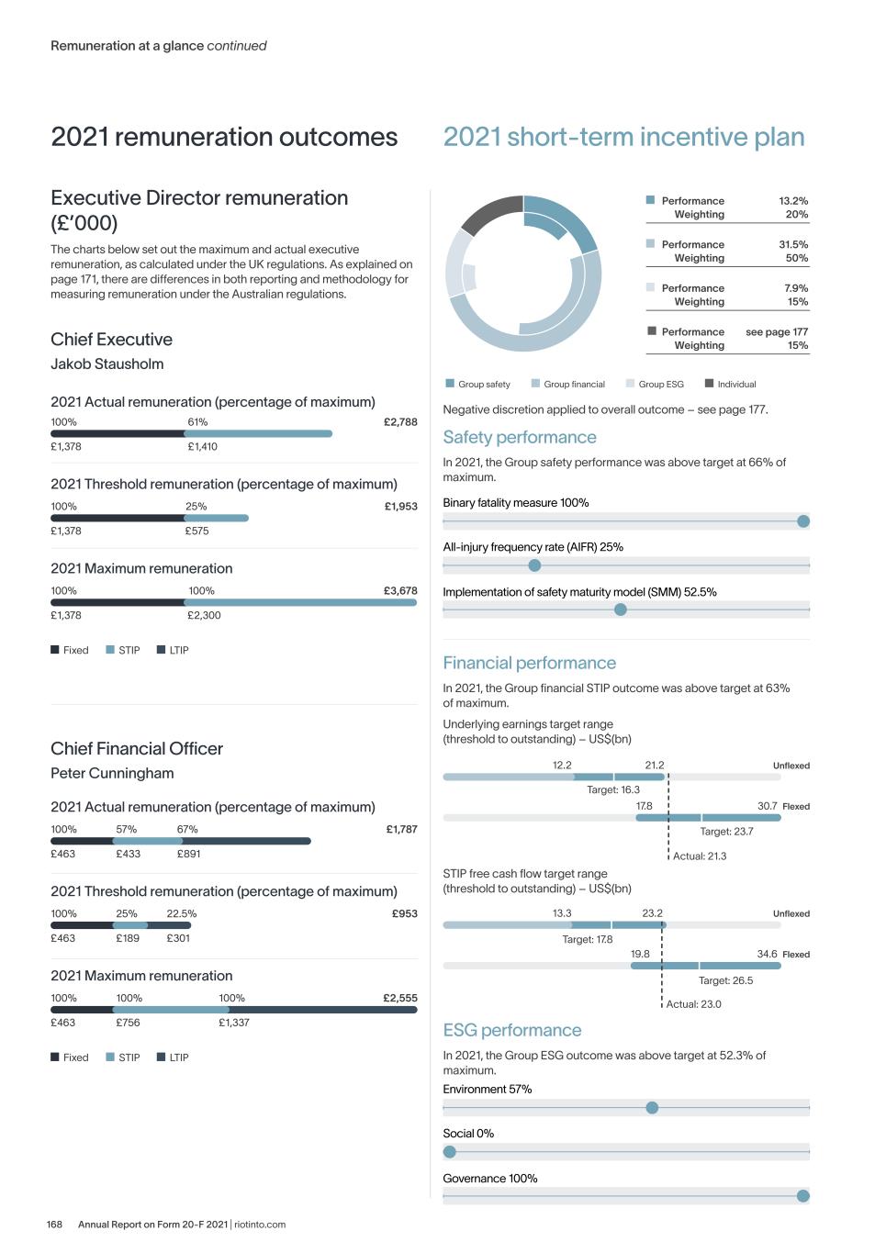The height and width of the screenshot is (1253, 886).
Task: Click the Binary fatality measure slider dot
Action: (803, 521)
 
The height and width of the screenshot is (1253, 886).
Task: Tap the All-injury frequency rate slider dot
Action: (534, 565)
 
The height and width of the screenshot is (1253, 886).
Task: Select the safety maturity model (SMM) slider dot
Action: (621, 610)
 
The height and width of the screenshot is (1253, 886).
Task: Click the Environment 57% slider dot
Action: (652, 1108)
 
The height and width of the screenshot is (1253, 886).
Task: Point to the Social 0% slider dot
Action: (450, 1152)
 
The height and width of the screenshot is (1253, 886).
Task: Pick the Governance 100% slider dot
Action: (803, 1196)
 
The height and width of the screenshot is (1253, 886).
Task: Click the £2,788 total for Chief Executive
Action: (400, 422)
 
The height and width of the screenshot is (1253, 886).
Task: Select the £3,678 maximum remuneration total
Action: (400, 591)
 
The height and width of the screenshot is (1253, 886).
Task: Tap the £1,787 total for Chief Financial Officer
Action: (401, 829)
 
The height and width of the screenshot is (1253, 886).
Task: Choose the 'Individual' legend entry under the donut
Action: (736, 385)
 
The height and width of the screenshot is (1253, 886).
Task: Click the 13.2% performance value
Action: (793, 201)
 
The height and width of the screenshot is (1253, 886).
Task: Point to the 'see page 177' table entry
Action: (777, 332)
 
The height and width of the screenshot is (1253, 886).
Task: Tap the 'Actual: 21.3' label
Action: (700, 856)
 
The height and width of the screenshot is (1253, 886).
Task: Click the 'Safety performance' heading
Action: (520, 438)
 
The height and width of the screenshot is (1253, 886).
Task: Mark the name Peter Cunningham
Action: (112, 773)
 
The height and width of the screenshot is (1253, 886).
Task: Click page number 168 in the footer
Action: (55, 1225)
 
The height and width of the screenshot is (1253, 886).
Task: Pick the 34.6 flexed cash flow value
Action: (767, 955)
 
